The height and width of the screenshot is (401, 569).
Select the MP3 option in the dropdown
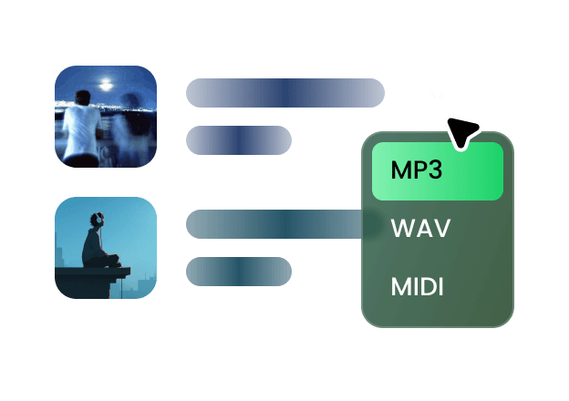437,170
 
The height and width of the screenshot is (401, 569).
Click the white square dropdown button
437,93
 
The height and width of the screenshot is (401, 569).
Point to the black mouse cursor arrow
464,130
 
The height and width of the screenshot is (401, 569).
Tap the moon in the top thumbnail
107,84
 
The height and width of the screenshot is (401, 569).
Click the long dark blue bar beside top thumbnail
284,93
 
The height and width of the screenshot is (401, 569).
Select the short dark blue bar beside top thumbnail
238,140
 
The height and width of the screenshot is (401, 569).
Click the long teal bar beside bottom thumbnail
274,224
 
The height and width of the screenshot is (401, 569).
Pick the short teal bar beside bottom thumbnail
238,272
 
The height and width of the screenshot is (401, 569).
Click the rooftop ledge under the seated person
91,272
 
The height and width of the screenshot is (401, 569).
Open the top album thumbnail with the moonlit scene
106,116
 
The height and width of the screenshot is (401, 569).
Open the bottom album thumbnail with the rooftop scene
106,247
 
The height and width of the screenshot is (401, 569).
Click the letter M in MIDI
398,287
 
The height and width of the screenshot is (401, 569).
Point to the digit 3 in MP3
434,170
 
